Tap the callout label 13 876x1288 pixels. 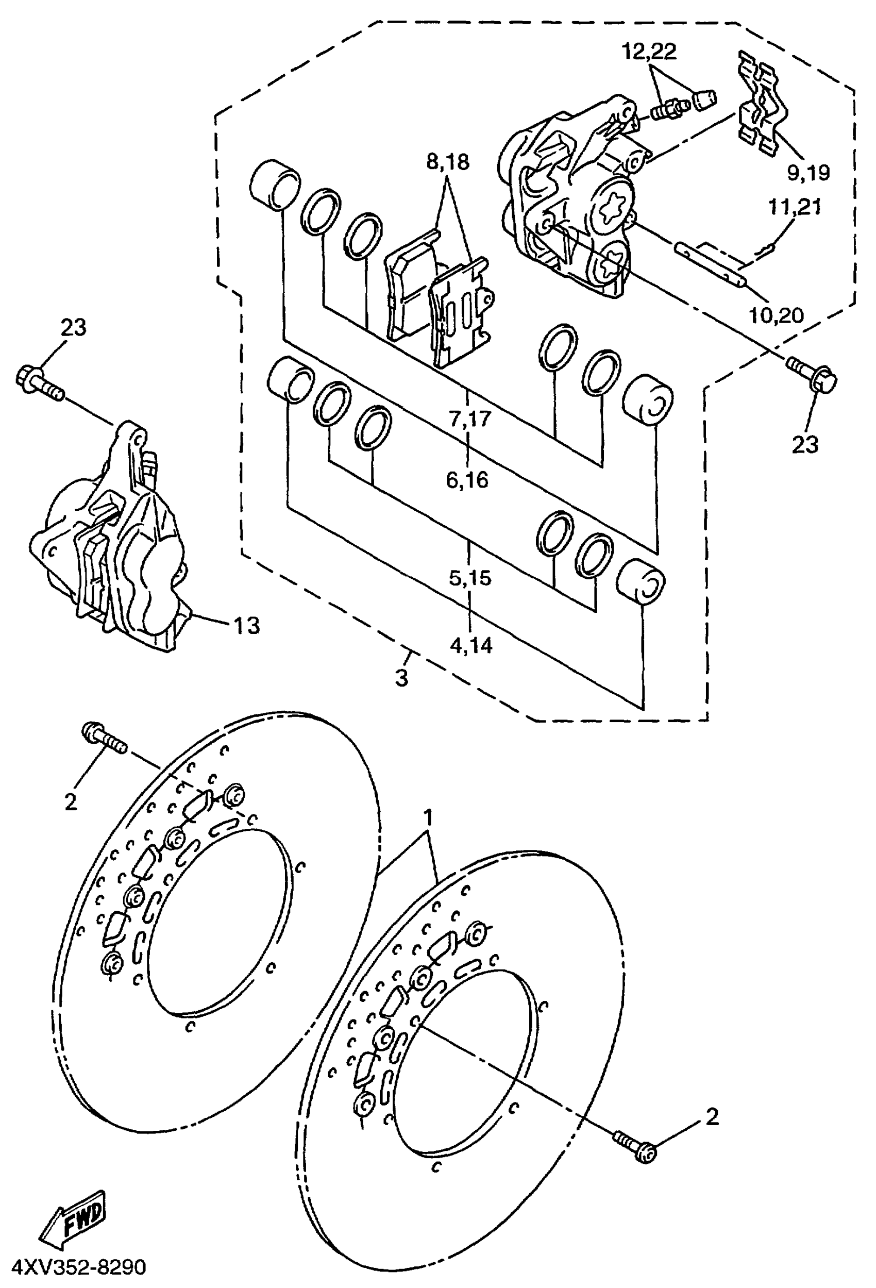[x=246, y=626]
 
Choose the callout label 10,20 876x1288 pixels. [x=776, y=315]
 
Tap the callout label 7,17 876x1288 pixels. [x=470, y=419]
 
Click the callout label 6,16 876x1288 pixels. [x=468, y=479]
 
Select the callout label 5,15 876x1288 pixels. [x=470, y=578]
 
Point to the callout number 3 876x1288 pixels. [x=402, y=677]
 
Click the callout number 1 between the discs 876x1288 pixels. [x=428, y=817]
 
